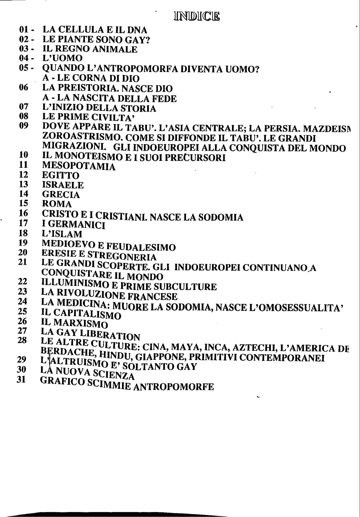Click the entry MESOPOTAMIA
pyautogui.click(x=78, y=167)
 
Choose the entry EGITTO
pyautogui.click(x=60, y=176)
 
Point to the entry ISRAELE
pyautogui.click(x=63, y=185)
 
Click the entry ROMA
pyautogui.click(x=57, y=204)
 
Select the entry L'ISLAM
pyautogui.click(x=62, y=234)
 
